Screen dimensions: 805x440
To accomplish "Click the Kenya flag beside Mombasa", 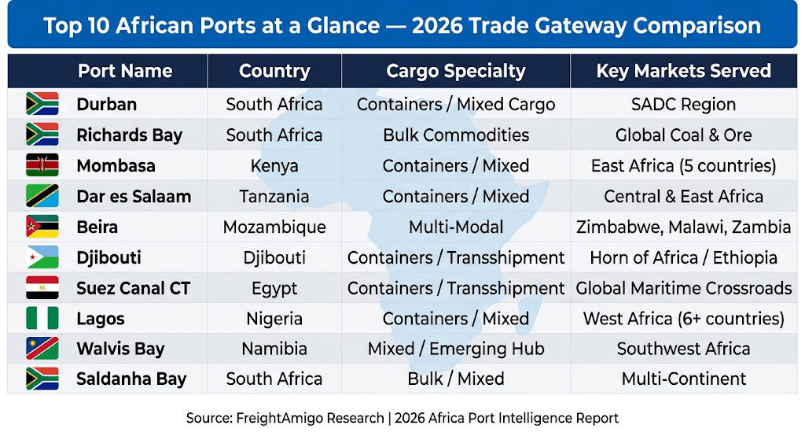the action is tap(42, 165).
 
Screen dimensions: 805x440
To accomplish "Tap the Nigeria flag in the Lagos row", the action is tap(42, 318).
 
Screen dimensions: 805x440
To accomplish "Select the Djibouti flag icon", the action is tap(42, 257).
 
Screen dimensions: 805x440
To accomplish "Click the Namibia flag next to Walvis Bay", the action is tap(42, 349).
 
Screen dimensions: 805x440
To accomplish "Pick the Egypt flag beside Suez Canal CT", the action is tap(42, 288).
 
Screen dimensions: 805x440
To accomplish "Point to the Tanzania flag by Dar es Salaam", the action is tap(42, 196).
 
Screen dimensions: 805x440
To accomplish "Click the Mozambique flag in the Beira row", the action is tap(42, 227).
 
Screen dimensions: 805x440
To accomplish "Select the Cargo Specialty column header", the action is tap(456, 71).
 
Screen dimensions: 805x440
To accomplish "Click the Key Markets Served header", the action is tap(683, 71).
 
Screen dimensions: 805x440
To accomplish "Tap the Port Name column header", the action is tap(125, 71).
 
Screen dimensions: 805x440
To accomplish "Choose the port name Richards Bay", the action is tap(130, 135).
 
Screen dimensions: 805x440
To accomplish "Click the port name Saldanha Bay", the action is tap(131, 379).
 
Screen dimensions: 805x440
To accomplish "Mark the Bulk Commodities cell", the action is tap(456, 135).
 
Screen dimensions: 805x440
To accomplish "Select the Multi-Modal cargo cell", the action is tap(456, 227).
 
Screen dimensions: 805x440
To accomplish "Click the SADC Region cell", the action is tap(683, 105).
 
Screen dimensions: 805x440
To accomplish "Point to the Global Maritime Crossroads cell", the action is tap(683, 288).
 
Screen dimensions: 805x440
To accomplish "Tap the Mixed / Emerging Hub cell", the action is tap(456, 349).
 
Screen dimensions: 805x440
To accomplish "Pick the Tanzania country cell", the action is tap(274, 196).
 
